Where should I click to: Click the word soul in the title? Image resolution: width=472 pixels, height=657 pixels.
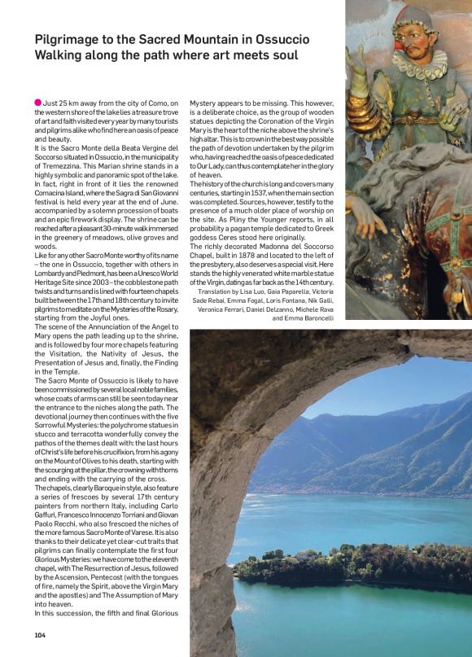point(279,55)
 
